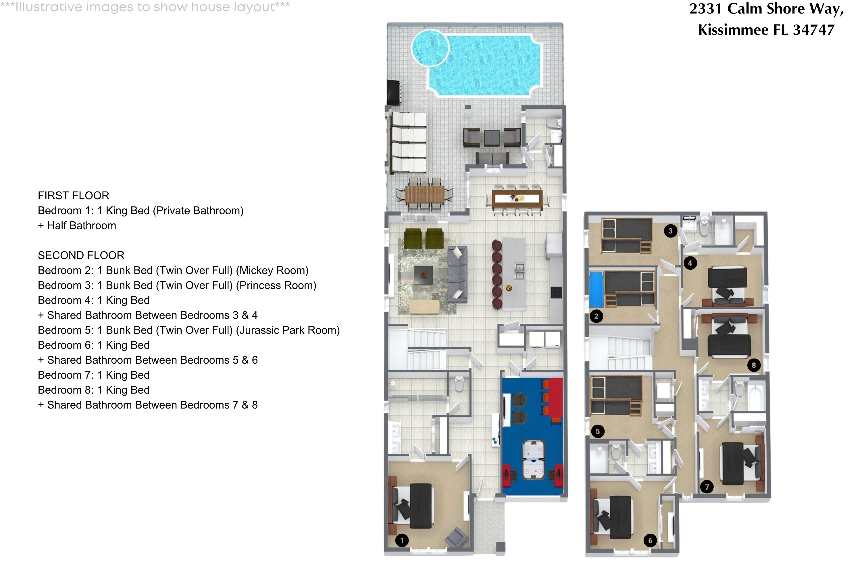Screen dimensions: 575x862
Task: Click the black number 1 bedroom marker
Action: click(x=402, y=540)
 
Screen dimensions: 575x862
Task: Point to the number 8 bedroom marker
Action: click(x=753, y=365)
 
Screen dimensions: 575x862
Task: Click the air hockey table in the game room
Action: click(x=533, y=460)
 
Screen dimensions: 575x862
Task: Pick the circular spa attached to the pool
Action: click(x=430, y=48)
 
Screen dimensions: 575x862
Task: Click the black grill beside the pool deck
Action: click(x=394, y=92)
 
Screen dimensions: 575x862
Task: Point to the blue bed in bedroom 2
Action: click(x=596, y=290)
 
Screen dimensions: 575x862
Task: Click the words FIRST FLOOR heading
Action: click(x=73, y=195)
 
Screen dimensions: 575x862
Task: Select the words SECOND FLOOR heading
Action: click(x=81, y=255)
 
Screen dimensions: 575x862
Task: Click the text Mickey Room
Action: click(x=272, y=270)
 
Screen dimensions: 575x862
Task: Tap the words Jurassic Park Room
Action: click(x=288, y=330)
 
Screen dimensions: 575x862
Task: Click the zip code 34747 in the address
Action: click(x=814, y=30)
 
